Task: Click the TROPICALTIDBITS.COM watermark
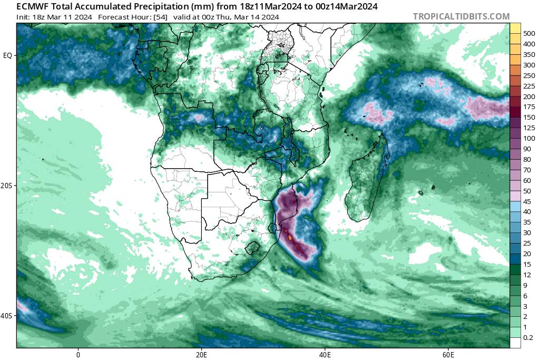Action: (461, 16)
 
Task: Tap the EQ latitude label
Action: (8, 55)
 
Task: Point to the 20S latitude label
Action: (8, 186)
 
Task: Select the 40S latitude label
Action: (8, 316)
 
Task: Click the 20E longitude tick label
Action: (201, 355)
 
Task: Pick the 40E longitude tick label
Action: (325, 355)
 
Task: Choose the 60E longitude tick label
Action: (448, 355)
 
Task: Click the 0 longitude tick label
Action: (78, 355)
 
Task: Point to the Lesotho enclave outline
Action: (254, 247)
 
